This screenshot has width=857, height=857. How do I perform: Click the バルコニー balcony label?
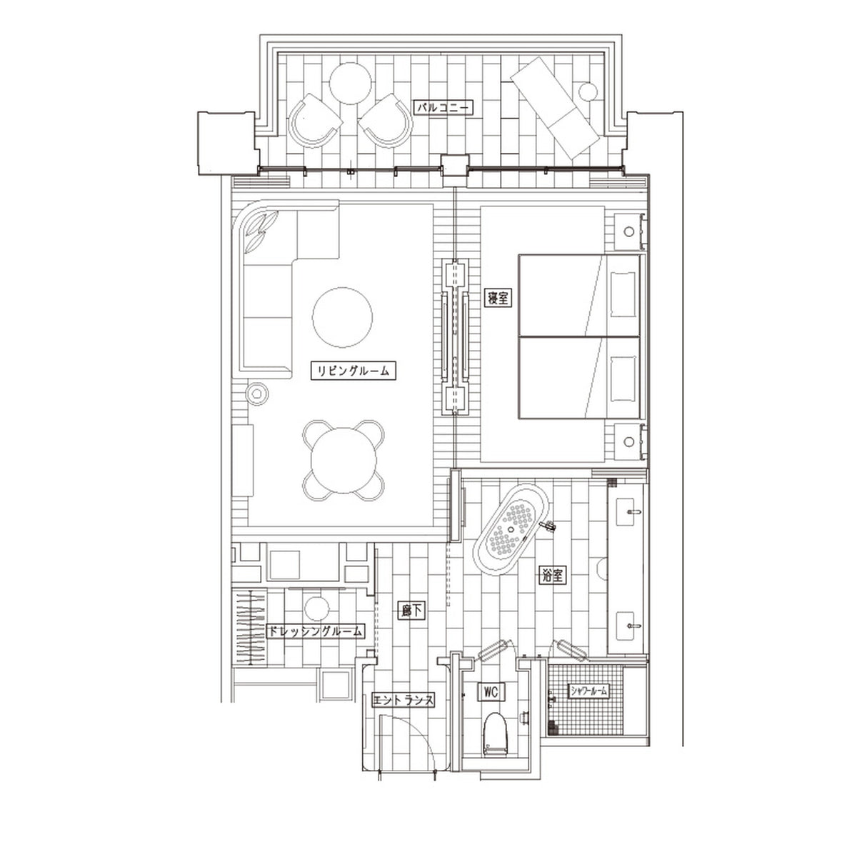click(x=443, y=107)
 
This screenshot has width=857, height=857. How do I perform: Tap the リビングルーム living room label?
click(x=353, y=370)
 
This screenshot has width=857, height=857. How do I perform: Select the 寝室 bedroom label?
click(x=498, y=298)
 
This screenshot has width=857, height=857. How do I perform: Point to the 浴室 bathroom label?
click(x=553, y=576)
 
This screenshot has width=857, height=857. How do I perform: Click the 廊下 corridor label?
click(x=411, y=611)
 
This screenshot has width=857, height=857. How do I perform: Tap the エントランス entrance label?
click(x=403, y=701)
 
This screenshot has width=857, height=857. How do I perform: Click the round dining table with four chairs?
click(x=344, y=461)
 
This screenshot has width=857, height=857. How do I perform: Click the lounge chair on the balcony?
click(x=556, y=107)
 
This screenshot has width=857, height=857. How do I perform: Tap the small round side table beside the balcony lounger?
click(x=588, y=91)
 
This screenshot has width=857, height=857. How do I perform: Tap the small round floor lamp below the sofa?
click(x=257, y=394)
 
